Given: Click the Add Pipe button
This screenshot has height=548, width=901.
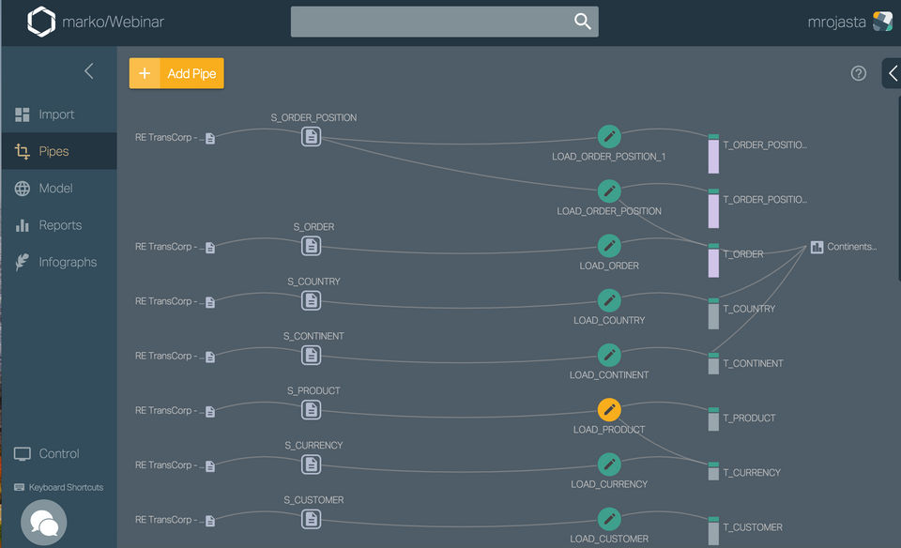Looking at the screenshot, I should tap(176, 73).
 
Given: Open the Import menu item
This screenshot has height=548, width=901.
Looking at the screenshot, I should tap(56, 114).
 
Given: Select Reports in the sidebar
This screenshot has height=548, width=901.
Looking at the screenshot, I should tap(60, 225).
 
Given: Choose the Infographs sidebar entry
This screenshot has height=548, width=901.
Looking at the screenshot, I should tap(68, 262).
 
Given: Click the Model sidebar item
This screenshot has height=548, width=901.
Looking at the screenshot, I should tap(55, 189).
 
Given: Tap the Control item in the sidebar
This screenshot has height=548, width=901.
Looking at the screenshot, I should tap(58, 454).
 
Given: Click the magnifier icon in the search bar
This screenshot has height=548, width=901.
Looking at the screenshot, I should tap(583, 22).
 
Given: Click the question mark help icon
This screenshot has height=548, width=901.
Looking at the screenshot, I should tap(859, 73).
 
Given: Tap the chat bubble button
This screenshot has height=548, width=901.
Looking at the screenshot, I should tap(44, 523).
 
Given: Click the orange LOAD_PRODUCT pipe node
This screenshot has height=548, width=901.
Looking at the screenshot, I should tap(609, 410).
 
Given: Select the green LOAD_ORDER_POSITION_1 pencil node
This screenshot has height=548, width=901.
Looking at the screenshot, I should tap(609, 137).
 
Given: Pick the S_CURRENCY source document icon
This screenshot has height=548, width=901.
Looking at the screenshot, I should tap(312, 464).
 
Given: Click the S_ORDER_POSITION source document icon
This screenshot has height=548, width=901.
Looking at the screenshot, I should tap(312, 137).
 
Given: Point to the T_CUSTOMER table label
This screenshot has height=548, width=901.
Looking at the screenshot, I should tap(752, 527).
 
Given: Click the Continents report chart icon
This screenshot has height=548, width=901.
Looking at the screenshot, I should tap(817, 247).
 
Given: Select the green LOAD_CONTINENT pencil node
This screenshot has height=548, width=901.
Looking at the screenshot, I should tap(609, 356).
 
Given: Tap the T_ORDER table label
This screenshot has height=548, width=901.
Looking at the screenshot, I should tap(742, 254).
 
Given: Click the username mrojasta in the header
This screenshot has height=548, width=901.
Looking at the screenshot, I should tap(836, 23).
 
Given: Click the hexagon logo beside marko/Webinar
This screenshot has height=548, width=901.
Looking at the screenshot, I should tap(41, 22).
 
